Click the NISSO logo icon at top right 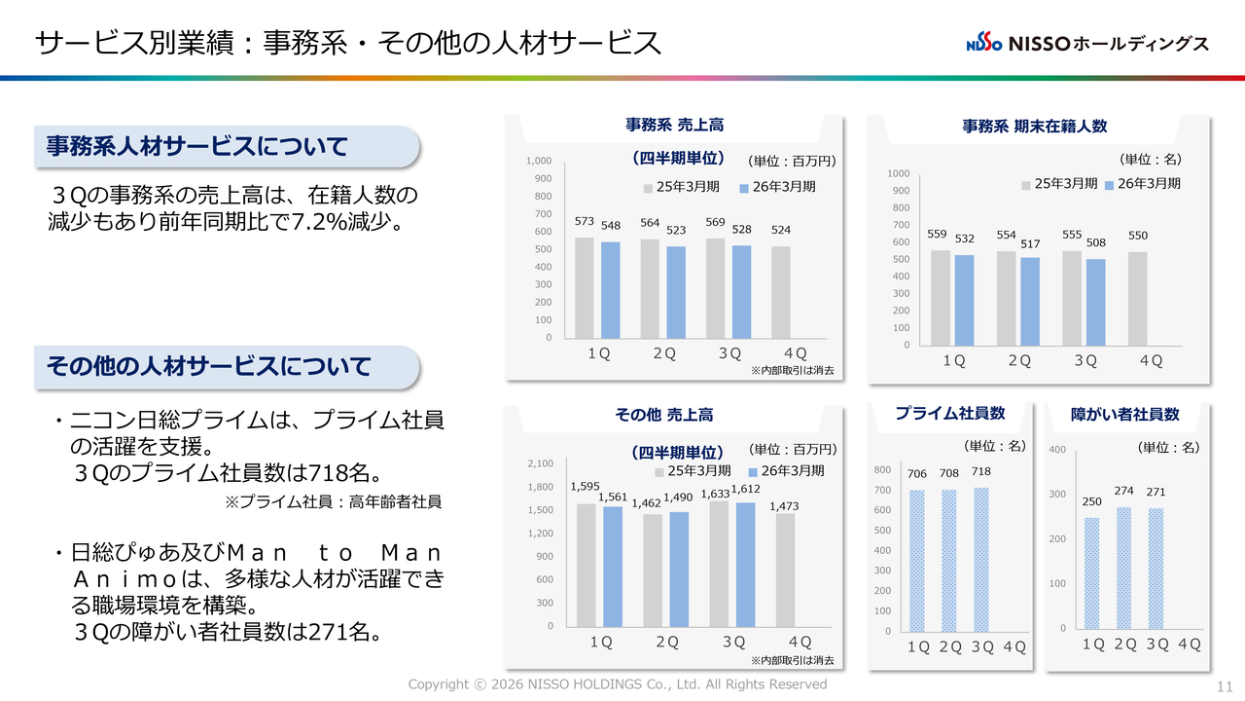(983, 44)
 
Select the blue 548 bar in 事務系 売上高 (610, 290)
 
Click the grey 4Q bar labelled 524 (781, 292)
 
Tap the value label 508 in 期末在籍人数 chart (1096, 243)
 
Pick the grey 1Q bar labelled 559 (941, 298)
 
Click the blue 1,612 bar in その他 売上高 (745, 565)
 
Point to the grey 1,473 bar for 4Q (785, 570)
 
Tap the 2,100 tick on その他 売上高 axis (539, 463)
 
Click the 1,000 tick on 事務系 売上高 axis (539, 161)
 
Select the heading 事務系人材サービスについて (197, 147)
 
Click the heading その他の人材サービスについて (209, 367)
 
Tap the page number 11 (1225, 686)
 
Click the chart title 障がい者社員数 (1124, 415)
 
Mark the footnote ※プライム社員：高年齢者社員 (334, 502)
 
